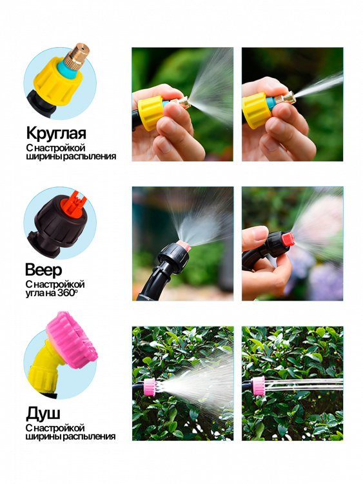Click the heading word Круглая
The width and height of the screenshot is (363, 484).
[56, 134]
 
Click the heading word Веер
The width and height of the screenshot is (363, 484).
[43, 270]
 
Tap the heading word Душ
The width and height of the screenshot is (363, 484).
[43, 413]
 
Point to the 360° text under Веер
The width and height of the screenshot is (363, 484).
[68, 292]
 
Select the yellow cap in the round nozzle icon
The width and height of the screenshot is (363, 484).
[58, 83]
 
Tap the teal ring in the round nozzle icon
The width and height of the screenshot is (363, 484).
[67, 68]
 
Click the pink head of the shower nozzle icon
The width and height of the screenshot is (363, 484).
[72, 339]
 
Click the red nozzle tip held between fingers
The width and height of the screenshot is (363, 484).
[289, 239]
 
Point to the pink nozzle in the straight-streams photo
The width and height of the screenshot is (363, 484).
[258, 385]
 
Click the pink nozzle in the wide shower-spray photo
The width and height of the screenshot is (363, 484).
[150, 387]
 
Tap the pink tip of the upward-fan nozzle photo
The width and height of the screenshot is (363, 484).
[184, 245]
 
